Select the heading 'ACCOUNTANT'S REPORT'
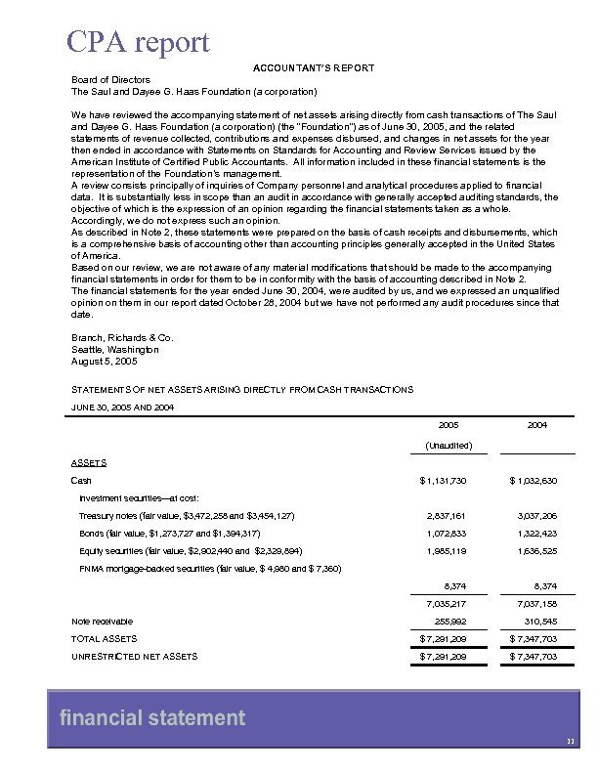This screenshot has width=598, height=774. coord(314,66)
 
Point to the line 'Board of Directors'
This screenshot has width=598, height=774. coord(110,79)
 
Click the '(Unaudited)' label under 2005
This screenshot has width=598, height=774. coord(448,446)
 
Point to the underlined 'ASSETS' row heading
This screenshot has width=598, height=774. coord(89,462)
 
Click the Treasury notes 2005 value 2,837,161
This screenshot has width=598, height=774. coord(448,515)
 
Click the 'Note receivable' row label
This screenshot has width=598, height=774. coord(103,621)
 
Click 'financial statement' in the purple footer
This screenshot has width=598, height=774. coord(152,719)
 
